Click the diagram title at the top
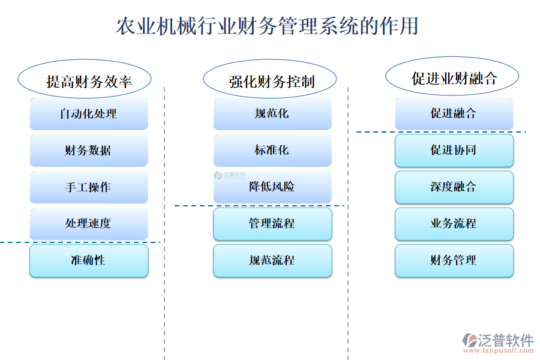(x=267, y=26)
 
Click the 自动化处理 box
(x=89, y=113)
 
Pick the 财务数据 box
(x=89, y=150)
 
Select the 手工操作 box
(x=89, y=187)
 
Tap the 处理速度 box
(x=89, y=223)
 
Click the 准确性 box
(x=89, y=260)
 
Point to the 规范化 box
(x=272, y=113)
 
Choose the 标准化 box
(x=272, y=150)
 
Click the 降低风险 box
(x=272, y=187)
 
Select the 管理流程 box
(x=272, y=223)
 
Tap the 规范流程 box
(x=272, y=260)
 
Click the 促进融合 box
(x=454, y=113)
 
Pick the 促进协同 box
(x=454, y=150)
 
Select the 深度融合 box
(x=454, y=187)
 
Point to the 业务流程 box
(x=454, y=223)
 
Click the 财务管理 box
(x=454, y=260)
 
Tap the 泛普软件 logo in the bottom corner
(x=498, y=342)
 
